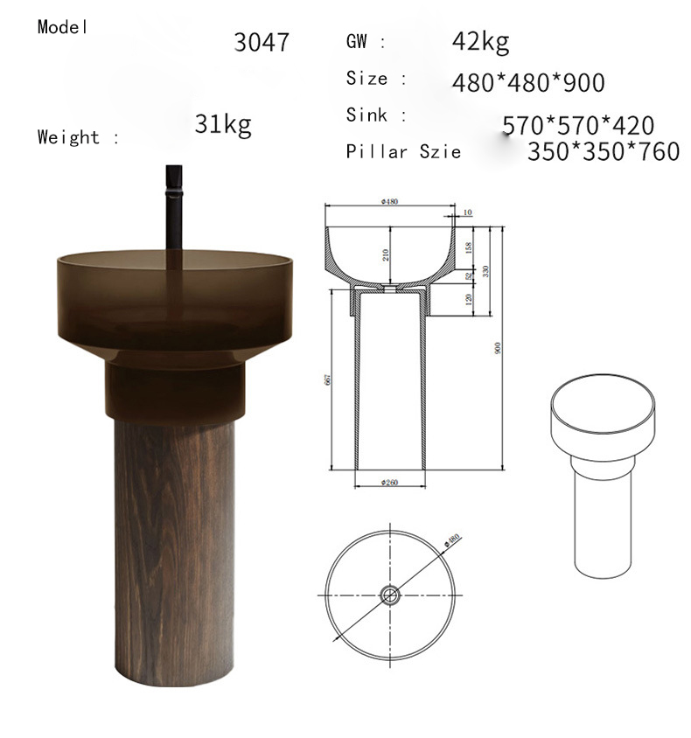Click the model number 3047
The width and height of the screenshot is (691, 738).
click(x=262, y=42)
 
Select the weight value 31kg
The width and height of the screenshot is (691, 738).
click(x=223, y=124)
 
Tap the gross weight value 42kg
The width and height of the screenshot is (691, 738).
click(x=480, y=41)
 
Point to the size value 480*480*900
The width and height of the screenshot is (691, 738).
click(x=528, y=83)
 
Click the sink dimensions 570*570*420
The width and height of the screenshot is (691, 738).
click(x=577, y=126)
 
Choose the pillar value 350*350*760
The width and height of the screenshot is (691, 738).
click(x=603, y=151)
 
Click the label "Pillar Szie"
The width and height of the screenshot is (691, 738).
click(x=403, y=152)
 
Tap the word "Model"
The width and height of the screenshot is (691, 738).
click(x=63, y=26)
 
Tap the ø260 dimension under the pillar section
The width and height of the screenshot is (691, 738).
click(x=389, y=482)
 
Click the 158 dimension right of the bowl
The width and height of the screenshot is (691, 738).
click(x=468, y=248)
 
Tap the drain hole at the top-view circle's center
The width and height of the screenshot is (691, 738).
click(x=389, y=596)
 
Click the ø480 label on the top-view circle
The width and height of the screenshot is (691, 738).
click(x=454, y=541)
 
